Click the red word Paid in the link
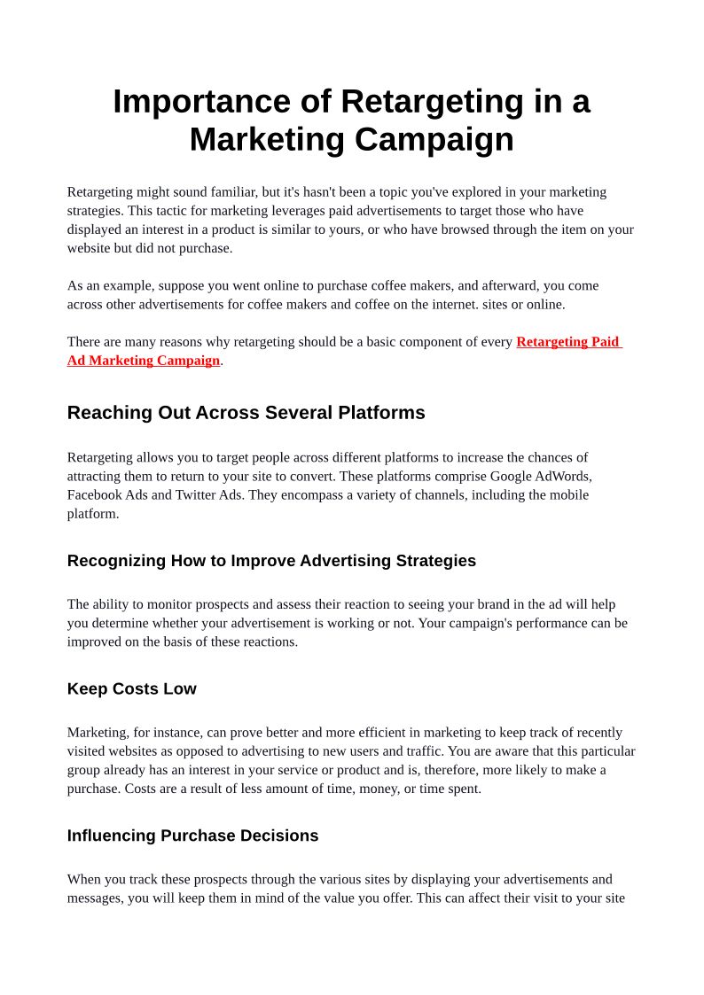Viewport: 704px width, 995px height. point(605,342)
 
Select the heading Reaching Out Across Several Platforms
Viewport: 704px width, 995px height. point(246,413)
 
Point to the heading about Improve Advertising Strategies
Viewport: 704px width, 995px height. point(271,561)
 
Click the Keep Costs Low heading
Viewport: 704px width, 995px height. point(131,689)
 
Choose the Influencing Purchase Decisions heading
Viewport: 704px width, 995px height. point(192,836)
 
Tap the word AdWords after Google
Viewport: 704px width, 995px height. point(562,476)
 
